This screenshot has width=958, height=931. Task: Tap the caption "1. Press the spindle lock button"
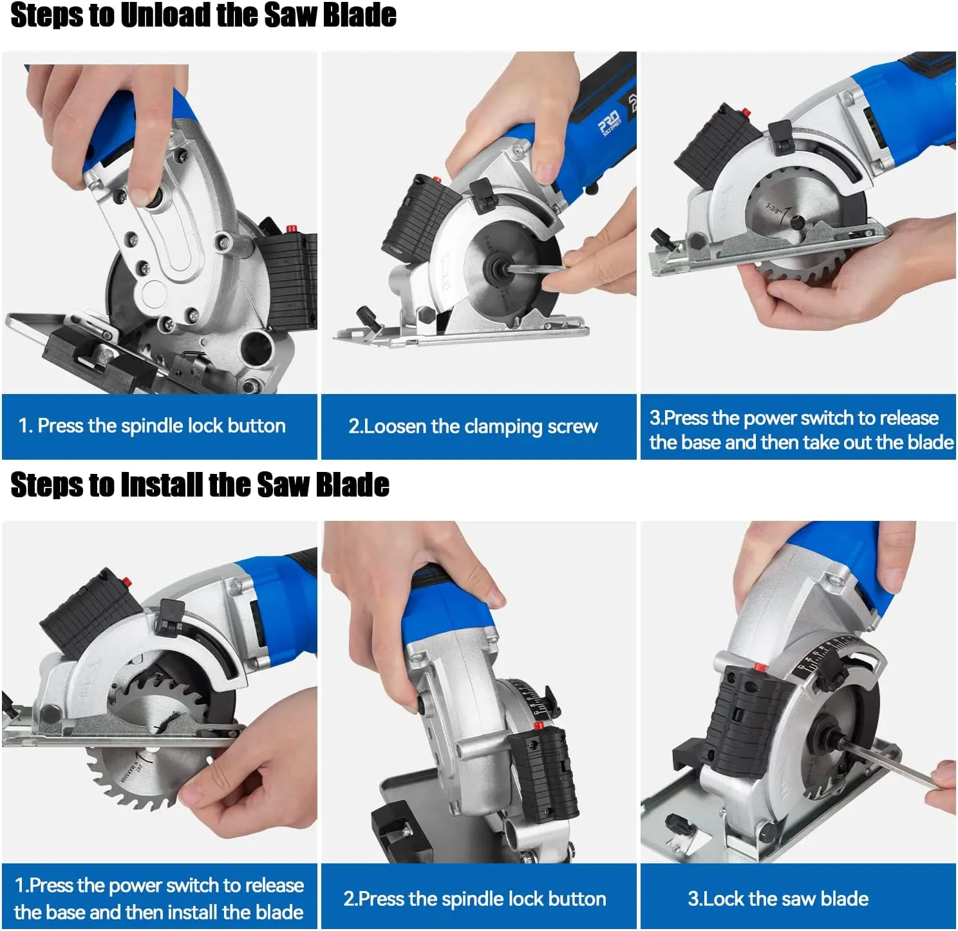(x=152, y=426)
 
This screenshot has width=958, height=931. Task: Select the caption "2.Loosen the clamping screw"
(x=473, y=426)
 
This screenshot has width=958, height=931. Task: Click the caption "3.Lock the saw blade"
(x=778, y=898)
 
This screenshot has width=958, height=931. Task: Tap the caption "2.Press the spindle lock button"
(x=474, y=898)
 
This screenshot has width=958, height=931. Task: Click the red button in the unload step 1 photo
(x=290, y=229)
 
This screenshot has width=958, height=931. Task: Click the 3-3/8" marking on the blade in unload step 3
(x=773, y=208)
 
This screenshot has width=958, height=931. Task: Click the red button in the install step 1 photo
(x=127, y=583)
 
